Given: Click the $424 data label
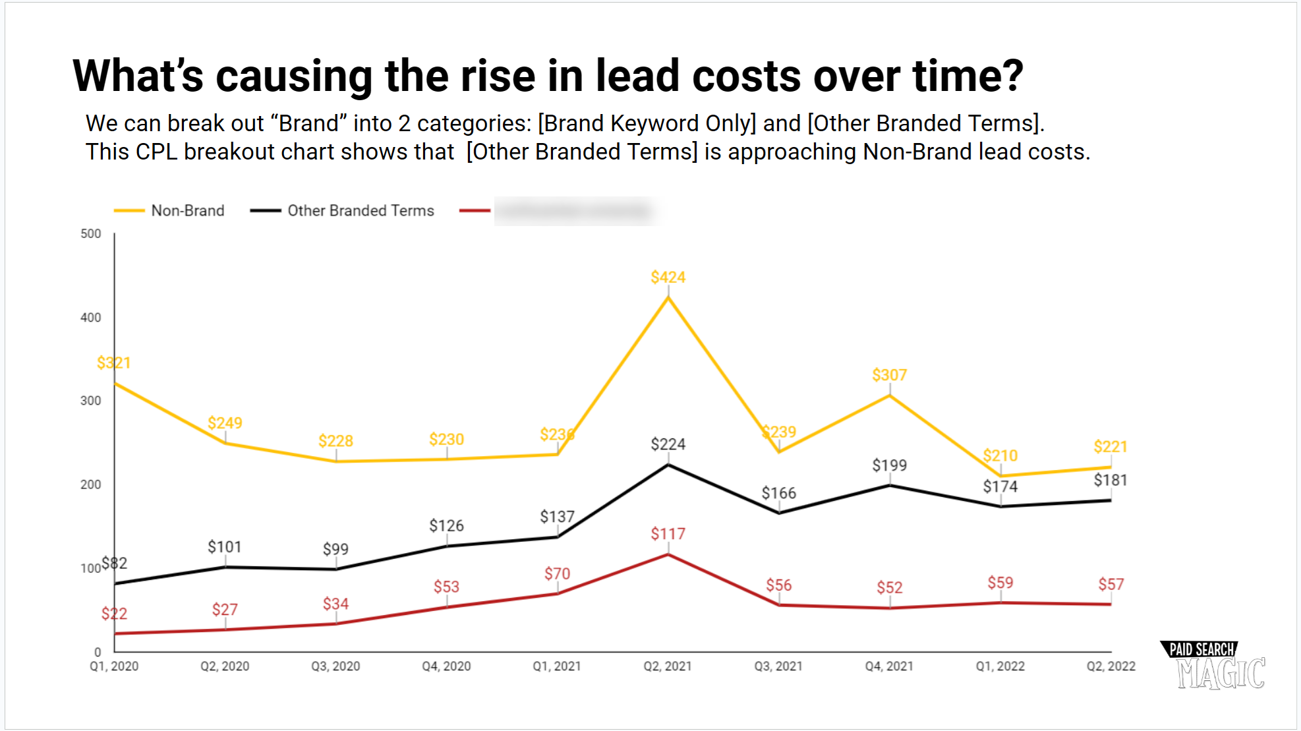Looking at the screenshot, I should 668,278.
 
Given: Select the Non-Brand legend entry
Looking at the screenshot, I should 187,211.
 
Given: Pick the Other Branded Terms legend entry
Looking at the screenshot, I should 361,211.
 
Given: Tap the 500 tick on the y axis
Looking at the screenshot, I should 91,234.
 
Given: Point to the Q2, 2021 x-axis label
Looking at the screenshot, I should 668,666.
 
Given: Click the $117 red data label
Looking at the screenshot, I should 668,534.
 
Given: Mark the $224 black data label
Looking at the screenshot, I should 668,444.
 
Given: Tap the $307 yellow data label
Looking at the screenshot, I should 889,375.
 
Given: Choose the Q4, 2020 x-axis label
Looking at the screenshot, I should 446,666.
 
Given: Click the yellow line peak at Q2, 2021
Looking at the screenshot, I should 668,297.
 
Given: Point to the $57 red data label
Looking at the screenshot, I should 1111,585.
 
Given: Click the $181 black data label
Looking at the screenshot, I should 1111,480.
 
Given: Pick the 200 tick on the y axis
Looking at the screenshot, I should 91,484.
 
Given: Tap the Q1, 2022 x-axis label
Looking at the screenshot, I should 1000,666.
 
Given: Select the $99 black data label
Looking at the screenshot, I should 335,549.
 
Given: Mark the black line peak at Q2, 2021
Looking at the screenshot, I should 668,465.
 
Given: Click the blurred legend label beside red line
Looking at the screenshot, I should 573,211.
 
